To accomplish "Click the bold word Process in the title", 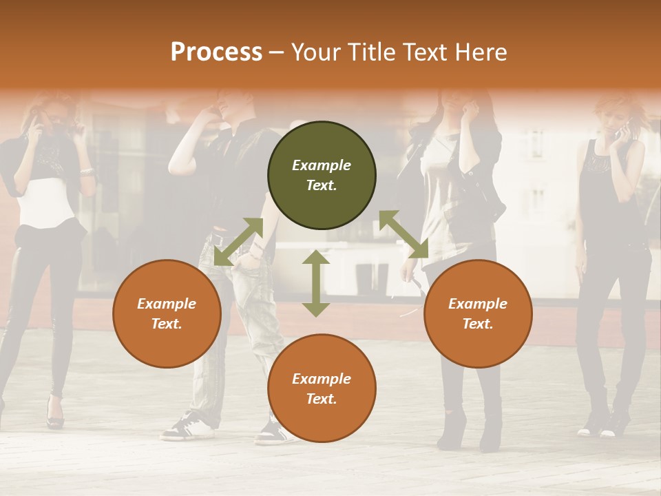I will pyautogui.click(x=216, y=52).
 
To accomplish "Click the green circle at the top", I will pyautogui.click(x=322, y=176).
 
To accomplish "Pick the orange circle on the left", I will pyautogui.click(x=167, y=313).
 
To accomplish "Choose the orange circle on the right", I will pyautogui.click(x=478, y=313).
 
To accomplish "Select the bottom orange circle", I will pyautogui.click(x=322, y=388).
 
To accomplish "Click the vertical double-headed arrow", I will pyautogui.click(x=316, y=283).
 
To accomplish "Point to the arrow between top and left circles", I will pyautogui.click(x=238, y=241).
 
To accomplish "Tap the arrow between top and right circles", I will pyautogui.click(x=403, y=234).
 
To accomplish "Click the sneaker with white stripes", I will pyautogui.click(x=186, y=426).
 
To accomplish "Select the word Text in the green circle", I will pyautogui.click(x=321, y=185).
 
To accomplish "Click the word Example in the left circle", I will pyautogui.click(x=167, y=304).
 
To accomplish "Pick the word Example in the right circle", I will pyautogui.click(x=478, y=304).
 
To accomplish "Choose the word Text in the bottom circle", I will pyautogui.click(x=321, y=399).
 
